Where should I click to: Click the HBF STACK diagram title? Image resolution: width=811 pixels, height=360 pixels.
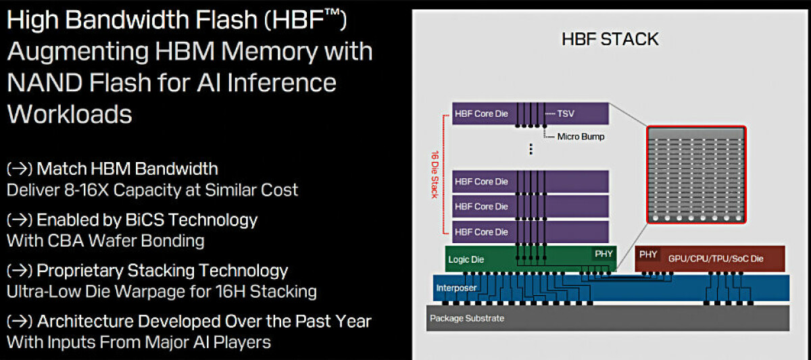pyautogui.click(x=610, y=39)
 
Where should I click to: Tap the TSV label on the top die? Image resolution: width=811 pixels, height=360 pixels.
pyautogui.click(x=566, y=113)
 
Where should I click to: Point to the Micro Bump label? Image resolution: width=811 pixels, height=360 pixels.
pyautogui.click(x=581, y=136)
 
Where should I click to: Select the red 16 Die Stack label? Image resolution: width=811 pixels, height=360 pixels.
pyautogui.click(x=435, y=174)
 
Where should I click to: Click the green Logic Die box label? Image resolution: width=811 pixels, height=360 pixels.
pyautogui.click(x=466, y=259)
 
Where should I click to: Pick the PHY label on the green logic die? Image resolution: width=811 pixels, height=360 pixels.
pyautogui.click(x=604, y=254)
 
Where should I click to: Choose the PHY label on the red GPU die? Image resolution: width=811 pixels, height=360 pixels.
pyautogui.click(x=648, y=255)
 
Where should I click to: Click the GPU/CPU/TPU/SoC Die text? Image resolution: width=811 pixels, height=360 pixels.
pyautogui.click(x=716, y=259)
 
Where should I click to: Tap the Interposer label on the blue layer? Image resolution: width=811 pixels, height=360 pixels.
pyautogui.click(x=456, y=288)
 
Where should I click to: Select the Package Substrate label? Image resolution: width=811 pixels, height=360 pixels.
pyautogui.click(x=467, y=318)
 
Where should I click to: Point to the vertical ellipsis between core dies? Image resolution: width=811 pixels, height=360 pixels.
pyautogui.click(x=531, y=149)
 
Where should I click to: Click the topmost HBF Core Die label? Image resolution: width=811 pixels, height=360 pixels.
pyautogui.click(x=481, y=113)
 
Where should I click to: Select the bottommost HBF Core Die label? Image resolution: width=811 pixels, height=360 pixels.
pyautogui.click(x=481, y=232)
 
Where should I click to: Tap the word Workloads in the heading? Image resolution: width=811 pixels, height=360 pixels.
pyautogui.click(x=70, y=114)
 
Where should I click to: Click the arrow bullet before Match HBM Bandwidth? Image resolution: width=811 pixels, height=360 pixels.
pyautogui.click(x=20, y=169)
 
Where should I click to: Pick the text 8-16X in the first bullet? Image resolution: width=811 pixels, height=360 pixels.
pyautogui.click(x=87, y=190)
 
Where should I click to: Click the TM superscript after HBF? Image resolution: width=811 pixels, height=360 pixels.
pyautogui.click(x=332, y=13)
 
